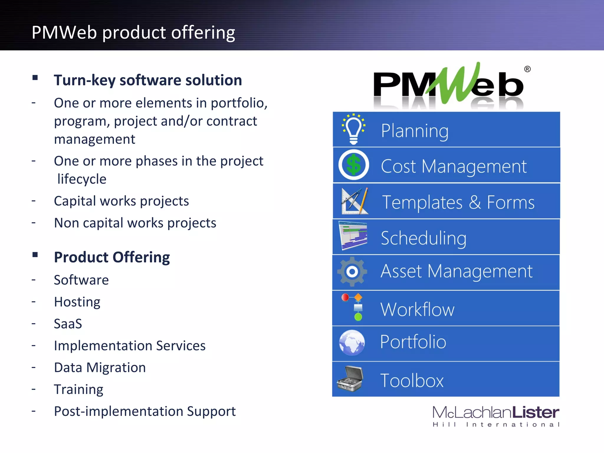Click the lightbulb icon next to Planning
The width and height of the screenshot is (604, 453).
(354, 129)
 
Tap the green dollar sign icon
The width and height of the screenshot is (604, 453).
(354, 165)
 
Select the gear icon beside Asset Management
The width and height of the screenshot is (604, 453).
(352, 272)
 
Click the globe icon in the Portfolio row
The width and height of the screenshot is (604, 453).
(352, 342)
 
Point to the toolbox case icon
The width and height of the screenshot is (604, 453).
(350, 379)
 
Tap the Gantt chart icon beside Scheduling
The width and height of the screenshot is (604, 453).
(353, 236)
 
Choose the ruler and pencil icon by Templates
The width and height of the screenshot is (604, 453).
(355, 201)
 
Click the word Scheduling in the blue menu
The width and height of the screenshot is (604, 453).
(424, 238)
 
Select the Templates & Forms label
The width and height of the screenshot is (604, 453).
(458, 202)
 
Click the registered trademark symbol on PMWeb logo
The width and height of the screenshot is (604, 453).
(527, 69)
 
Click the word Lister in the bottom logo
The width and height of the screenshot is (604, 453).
(535, 412)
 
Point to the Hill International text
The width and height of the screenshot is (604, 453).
(496, 425)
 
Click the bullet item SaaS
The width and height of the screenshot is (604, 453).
(68, 324)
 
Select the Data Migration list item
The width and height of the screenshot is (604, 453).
(100, 368)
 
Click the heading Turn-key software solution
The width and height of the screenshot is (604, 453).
(148, 80)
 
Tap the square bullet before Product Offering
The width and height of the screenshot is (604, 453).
(35, 255)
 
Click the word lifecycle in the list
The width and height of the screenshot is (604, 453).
(82, 179)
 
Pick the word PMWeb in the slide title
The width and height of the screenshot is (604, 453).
(64, 32)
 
